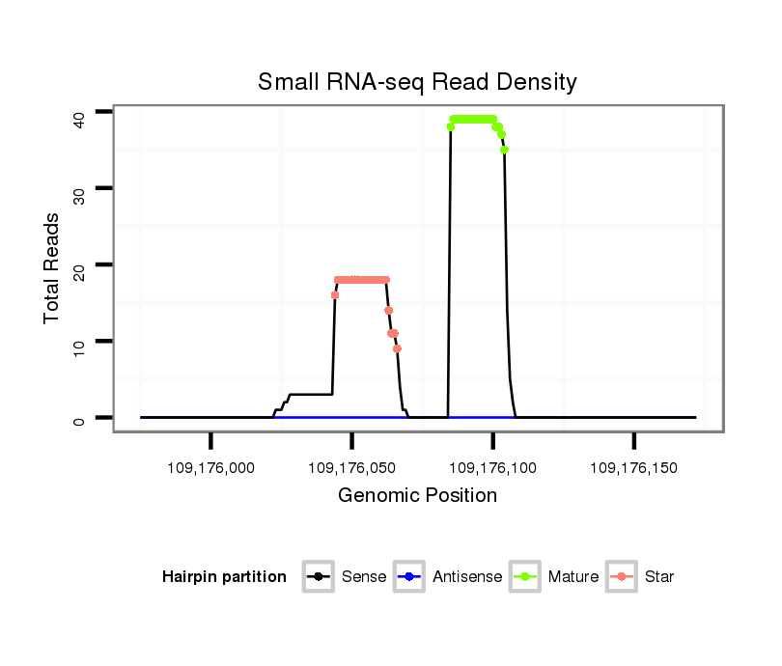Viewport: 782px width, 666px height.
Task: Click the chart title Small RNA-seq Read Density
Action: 417,82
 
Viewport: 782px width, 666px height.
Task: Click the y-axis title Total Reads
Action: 52,267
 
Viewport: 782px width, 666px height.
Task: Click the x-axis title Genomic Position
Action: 417,496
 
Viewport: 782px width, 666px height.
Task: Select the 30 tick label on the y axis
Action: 78,189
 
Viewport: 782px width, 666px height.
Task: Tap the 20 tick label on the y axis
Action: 78,265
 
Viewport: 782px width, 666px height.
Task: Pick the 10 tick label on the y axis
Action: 78,342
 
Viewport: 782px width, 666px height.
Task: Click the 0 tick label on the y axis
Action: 78,418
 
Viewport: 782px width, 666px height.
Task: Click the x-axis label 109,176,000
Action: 210,468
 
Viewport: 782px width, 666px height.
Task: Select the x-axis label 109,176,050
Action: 351,468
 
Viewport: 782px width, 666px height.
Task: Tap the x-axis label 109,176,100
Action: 492,468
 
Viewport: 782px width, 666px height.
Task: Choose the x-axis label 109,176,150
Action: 633,468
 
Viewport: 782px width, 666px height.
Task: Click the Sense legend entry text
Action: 364,577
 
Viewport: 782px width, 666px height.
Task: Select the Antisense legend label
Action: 466,577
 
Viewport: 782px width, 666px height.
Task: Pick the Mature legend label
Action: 573,577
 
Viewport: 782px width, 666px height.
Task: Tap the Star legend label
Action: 660,577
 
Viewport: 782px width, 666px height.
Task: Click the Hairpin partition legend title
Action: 224,577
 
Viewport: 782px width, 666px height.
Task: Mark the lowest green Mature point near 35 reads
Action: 505,150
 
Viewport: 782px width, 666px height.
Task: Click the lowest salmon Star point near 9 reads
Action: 397,348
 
